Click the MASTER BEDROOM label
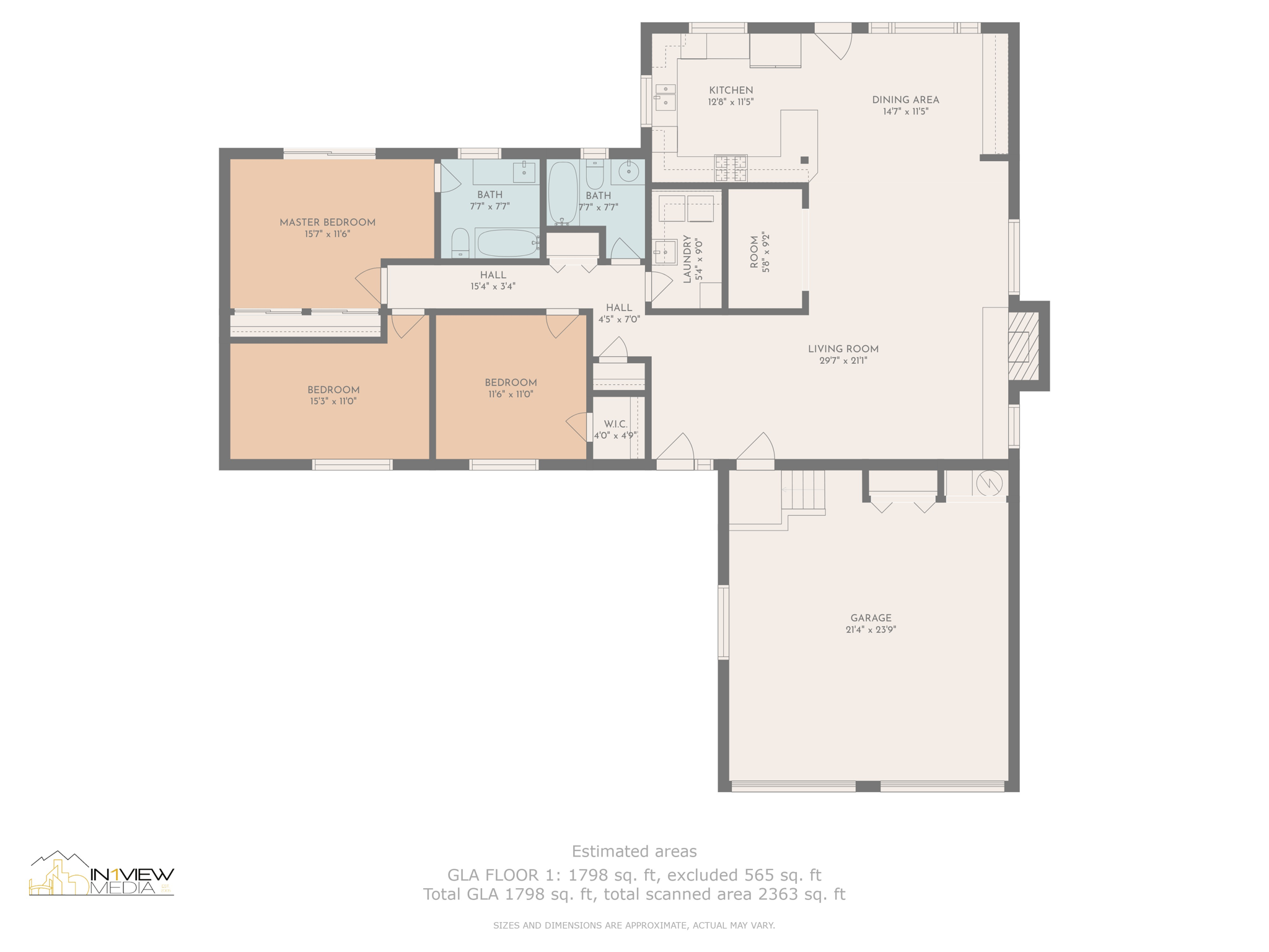pos(327,223)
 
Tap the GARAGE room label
pos(871,618)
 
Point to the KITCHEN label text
pos(731,90)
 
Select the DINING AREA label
pos(905,100)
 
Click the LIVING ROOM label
pos(843,349)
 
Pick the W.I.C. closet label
pos(615,424)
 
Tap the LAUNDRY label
pos(687,259)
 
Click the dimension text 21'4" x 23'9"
pos(871,630)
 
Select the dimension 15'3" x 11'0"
pos(333,402)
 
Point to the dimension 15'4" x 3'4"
pos(493,286)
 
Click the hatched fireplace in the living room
pos(1023,346)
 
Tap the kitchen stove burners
pos(731,167)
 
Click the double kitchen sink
pos(665,97)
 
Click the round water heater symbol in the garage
pos(989,483)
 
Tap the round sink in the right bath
pos(628,171)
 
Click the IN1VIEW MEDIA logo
pos(102,873)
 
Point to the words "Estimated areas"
pos(634,852)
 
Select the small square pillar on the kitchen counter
pos(804,160)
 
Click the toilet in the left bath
pos(460,242)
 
